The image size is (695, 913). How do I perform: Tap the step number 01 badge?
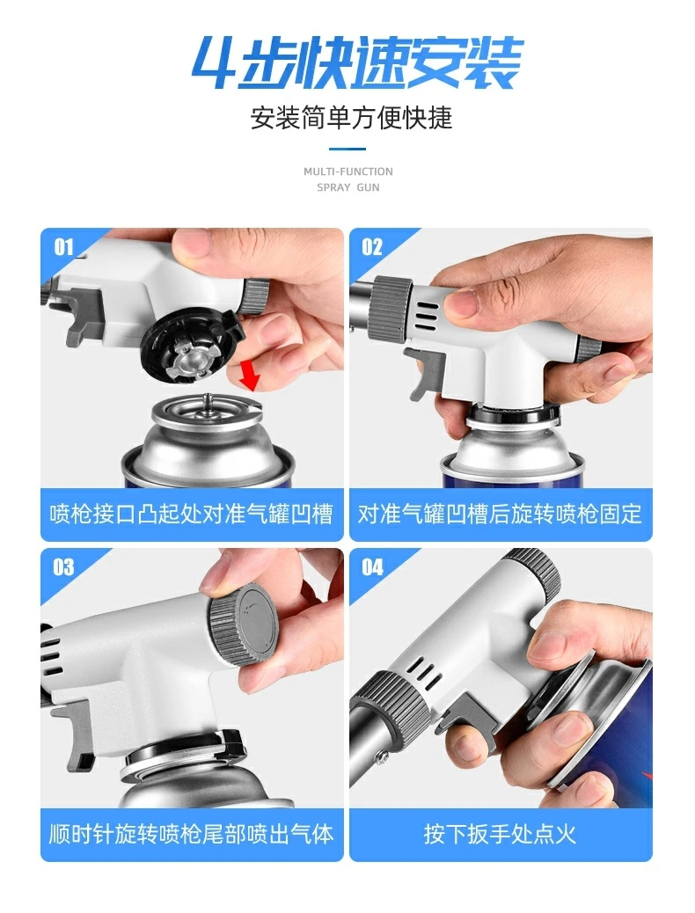click(x=63, y=247)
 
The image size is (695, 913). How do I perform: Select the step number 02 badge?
click(x=371, y=247)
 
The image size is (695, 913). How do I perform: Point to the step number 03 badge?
click(x=63, y=566)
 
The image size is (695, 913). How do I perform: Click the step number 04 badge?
click(x=372, y=566)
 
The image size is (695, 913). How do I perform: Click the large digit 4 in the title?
click(x=216, y=62)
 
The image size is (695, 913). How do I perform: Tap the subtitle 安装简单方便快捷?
click(x=351, y=118)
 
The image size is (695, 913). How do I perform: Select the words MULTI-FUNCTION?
click(x=348, y=172)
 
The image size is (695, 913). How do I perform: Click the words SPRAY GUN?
click(x=348, y=187)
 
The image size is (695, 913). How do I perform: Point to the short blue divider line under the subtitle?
click(x=347, y=149)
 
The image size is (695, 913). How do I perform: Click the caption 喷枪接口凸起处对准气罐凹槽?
click(x=191, y=515)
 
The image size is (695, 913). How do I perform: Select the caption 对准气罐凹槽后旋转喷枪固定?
click(x=500, y=515)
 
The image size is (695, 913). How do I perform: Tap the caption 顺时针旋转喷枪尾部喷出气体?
click(x=191, y=835)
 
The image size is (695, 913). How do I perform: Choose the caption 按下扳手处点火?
click(x=500, y=835)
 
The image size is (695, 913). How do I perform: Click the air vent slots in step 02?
click(x=426, y=314)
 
